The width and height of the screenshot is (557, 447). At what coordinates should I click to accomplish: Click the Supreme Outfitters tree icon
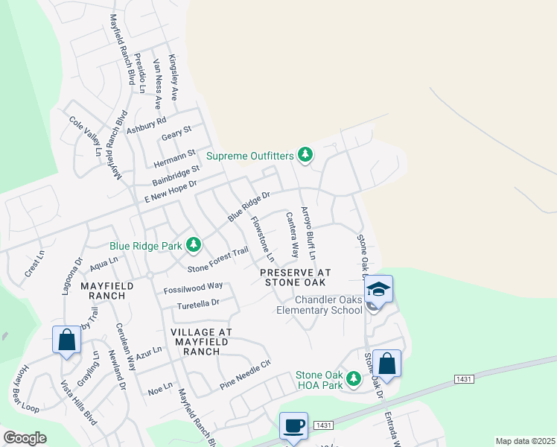click(x=305, y=155)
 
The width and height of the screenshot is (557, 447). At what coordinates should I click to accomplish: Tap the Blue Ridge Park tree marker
click(x=194, y=244)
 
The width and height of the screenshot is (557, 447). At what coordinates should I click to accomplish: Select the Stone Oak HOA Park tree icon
click(x=354, y=379)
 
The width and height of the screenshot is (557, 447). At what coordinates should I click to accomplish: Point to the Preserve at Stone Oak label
click(x=295, y=279)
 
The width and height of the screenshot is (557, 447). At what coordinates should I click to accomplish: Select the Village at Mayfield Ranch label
click(x=202, y=337)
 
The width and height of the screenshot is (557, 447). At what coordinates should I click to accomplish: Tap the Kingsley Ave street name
click(x=174, y=77)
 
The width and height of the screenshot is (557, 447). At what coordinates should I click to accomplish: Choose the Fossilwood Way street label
click(x=194, y=287)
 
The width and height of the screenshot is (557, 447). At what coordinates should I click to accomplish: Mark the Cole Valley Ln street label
click(x=84, y=135)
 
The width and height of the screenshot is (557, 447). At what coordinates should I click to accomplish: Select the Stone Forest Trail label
click(x=217, y=259)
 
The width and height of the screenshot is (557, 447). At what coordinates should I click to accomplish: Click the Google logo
click(x=25, y=437)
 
